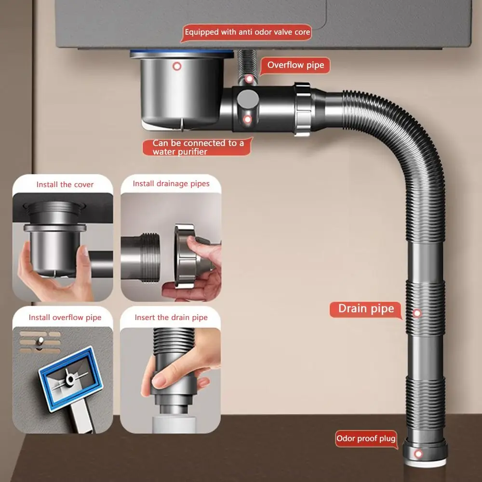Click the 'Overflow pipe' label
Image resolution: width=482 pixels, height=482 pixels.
[x=295, y=65]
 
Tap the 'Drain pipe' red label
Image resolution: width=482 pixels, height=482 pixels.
[x=366, y=309]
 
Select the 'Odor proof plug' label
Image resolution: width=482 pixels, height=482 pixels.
[x=366, y=438]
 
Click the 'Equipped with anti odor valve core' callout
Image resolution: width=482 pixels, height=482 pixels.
[x=247, y=33]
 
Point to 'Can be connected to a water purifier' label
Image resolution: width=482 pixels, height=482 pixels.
[x=198, y=147]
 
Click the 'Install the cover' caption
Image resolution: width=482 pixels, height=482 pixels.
[x=65, y=185]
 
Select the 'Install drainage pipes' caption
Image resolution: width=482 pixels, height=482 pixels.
[x=171, y=184]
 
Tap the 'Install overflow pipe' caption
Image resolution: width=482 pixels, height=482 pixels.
[x=65, y=318]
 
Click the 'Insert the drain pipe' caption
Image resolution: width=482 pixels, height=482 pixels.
[x=171, y=318]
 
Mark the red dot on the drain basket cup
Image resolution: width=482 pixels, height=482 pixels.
[x=177, y=66]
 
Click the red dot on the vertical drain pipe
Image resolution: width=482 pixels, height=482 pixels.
[x=417, y=313]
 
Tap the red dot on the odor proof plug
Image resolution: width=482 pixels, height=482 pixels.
[x=418, y=454]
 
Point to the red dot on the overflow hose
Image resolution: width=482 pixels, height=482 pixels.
[x=249, y=79]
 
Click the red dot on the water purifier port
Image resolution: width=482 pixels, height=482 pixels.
[x=247, y=119]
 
